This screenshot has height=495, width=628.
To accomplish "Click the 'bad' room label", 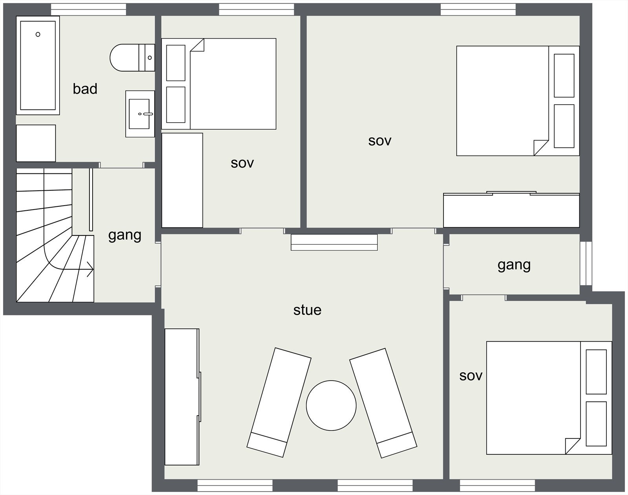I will pos(85,89).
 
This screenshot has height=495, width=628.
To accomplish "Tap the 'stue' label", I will pos(307,310).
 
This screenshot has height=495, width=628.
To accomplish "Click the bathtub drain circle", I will pos(38,34).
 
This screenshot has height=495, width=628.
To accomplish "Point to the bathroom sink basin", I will pos(139,114).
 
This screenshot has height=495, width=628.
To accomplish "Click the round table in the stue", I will pos(331,405).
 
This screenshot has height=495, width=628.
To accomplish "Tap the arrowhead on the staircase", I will pos(90,270).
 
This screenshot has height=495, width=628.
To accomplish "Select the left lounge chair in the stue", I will pos(279,402).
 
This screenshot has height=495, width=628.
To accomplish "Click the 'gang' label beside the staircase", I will pos(124,236).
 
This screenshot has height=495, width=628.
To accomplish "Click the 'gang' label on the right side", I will pos(514,265).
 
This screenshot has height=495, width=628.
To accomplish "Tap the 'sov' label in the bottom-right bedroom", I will pos(471,376).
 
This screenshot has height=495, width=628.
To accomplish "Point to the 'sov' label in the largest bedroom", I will pos(380,141).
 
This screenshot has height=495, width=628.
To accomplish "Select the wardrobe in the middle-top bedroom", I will pos(182,180).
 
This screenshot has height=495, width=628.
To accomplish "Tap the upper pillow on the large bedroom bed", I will pos(564,75).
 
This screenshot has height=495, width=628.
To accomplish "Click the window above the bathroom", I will pos(88,9).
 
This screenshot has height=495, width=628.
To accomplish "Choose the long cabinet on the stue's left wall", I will pos(181,397).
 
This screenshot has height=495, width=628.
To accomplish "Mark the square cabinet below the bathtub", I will pos(36,143).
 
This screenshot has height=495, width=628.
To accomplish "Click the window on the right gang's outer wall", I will pos(586,263).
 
